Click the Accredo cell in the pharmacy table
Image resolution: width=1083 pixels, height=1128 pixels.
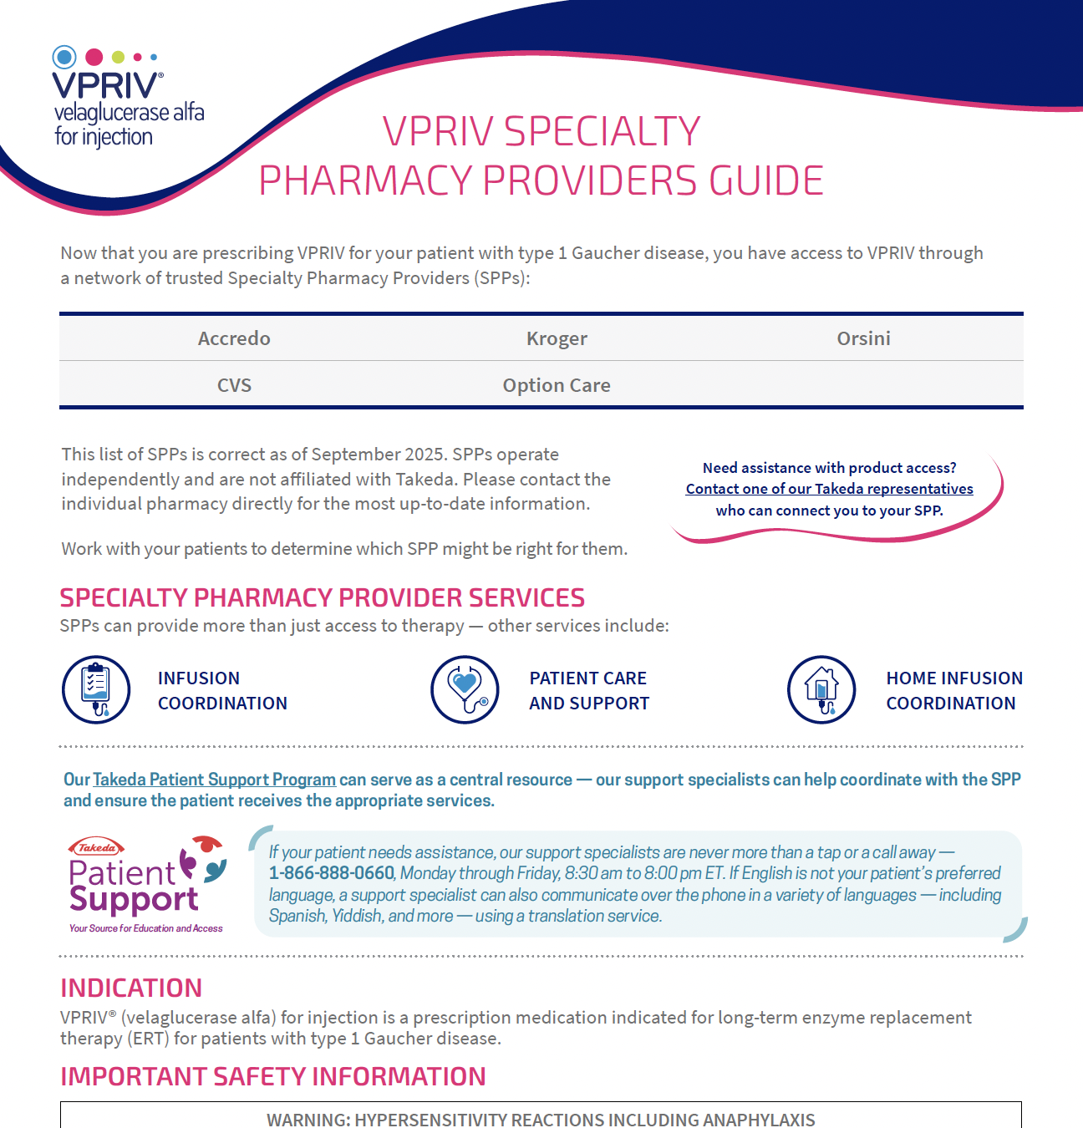[x=234, y=338]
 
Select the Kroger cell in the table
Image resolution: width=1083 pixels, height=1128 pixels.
[x=557, y=338]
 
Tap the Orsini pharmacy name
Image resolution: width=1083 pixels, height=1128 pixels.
[x=863, y=338]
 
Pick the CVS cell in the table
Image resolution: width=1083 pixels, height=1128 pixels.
[x=234, y=385]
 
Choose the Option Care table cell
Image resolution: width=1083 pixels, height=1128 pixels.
[x=557, y=385]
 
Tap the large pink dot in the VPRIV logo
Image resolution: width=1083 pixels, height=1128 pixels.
[x=94, y=57]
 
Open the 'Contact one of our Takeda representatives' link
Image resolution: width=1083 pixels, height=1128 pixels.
[x=829, y=489]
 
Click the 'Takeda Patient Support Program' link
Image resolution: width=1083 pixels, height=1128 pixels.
[x=214, y=780]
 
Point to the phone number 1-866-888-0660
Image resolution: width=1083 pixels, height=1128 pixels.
[x=332, y=873]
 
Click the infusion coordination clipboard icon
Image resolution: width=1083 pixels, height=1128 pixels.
[x=96, y=689]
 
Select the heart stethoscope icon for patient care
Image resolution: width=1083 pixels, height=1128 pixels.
[x=465, y=689]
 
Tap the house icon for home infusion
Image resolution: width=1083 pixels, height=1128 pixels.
[x=821, y=689]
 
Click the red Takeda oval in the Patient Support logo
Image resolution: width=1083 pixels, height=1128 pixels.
[x=97, y=847]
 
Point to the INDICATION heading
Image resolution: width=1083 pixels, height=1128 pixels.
[x=131, y=988]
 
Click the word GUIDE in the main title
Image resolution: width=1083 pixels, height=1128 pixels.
[x=766, y=180]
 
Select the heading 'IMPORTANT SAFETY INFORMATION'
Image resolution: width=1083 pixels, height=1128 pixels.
[x=272, y=1076]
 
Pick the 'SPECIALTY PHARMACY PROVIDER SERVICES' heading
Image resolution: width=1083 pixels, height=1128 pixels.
[x=322, y=597]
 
